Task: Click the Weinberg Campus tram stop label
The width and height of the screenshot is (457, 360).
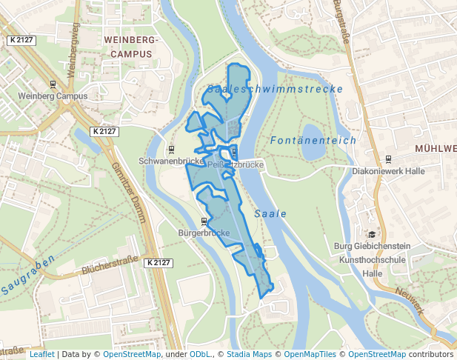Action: (x=53, y=96)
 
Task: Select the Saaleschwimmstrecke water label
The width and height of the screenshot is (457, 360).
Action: (x=275, y=89)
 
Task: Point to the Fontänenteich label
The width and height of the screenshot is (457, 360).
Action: (x=313, y=140)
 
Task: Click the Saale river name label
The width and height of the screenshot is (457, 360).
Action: (x=270, y=213)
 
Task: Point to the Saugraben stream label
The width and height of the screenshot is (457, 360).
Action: (x=28, y=275)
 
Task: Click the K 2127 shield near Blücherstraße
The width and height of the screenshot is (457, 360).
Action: (x=158, y=263)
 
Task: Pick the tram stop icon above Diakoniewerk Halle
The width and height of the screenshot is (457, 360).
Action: (x=388, y=159)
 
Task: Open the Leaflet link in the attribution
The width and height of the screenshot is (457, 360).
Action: (x=41, y=354)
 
